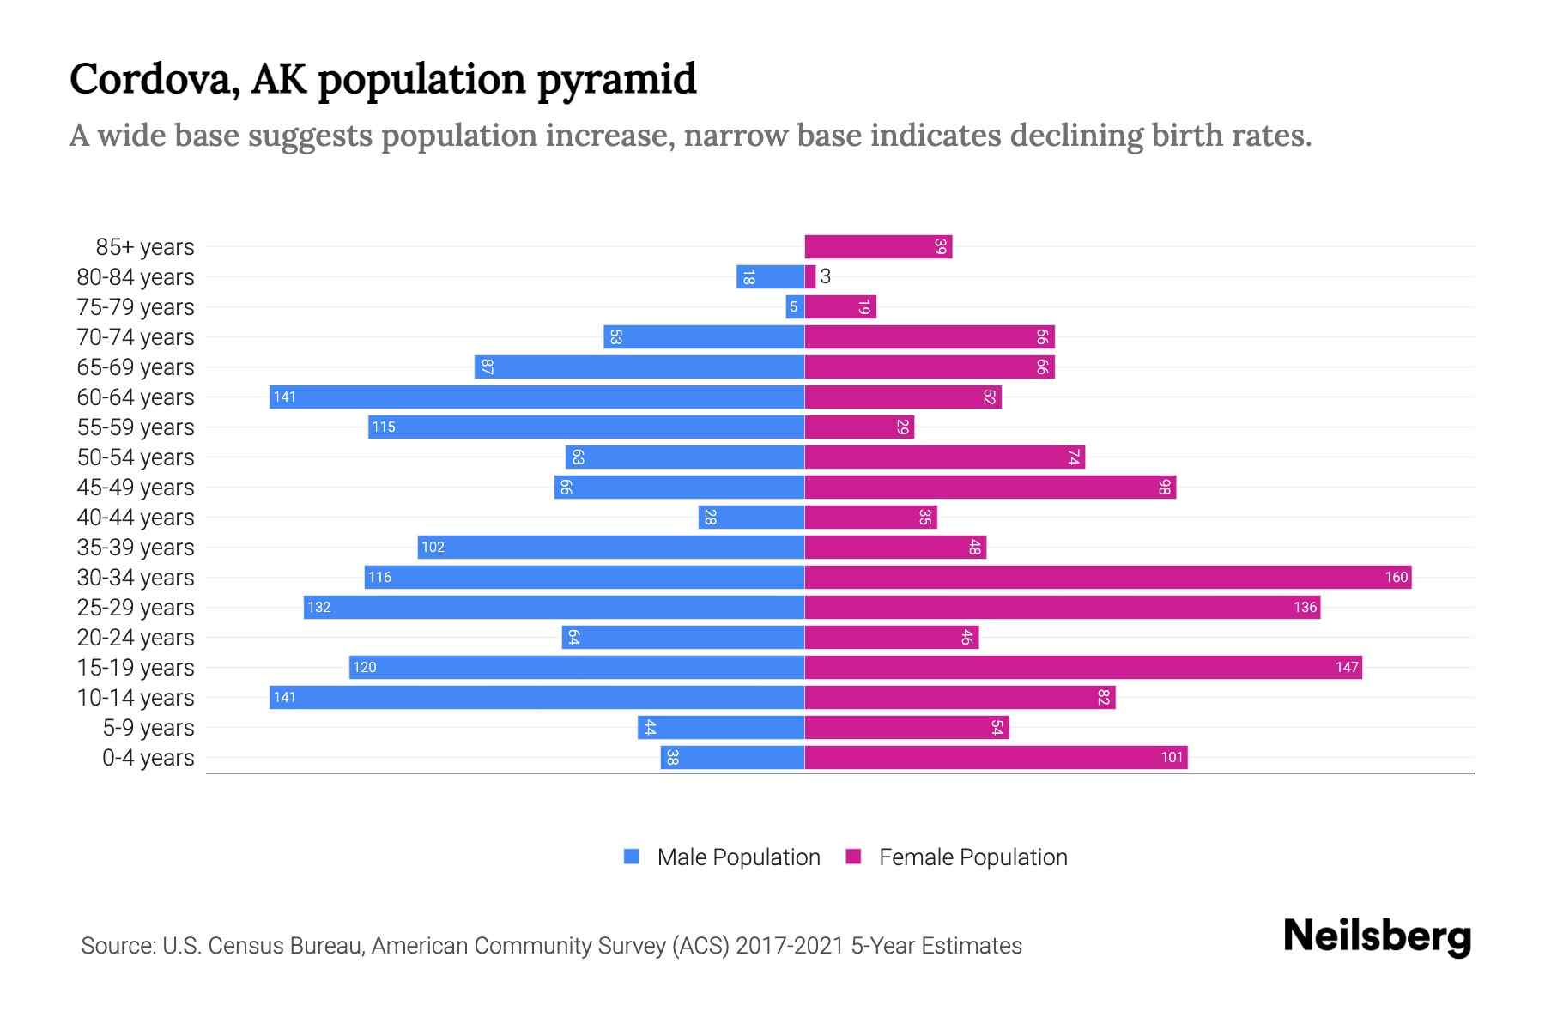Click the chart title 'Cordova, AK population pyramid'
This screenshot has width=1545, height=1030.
pos(383,79)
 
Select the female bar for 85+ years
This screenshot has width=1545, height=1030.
pos(878,247)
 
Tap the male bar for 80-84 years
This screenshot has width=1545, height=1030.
pos(770,277)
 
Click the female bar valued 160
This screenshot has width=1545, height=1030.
pos(1107,578)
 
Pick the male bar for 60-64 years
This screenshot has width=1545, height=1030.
pos(536,397)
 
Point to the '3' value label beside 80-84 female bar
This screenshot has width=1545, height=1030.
pos(826,276)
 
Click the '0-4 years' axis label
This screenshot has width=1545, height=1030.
pos(148,758)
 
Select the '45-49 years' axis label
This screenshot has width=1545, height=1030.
pos(136,488)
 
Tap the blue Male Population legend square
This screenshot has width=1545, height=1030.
pos(632,857)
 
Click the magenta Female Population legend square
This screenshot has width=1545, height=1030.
pos(853,857)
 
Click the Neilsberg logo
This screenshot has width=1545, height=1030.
pos(1377,936)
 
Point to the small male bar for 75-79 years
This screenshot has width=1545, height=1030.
pos(795,307)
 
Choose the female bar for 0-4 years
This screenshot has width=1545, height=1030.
pos(996,758)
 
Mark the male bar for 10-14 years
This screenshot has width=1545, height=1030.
pos(536,698)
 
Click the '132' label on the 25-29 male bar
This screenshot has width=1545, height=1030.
pos(319,608)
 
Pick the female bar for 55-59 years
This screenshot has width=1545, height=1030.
pos(859,427)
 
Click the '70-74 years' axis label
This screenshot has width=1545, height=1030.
pos(136,337)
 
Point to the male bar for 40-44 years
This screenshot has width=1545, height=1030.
pos(751,518)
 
